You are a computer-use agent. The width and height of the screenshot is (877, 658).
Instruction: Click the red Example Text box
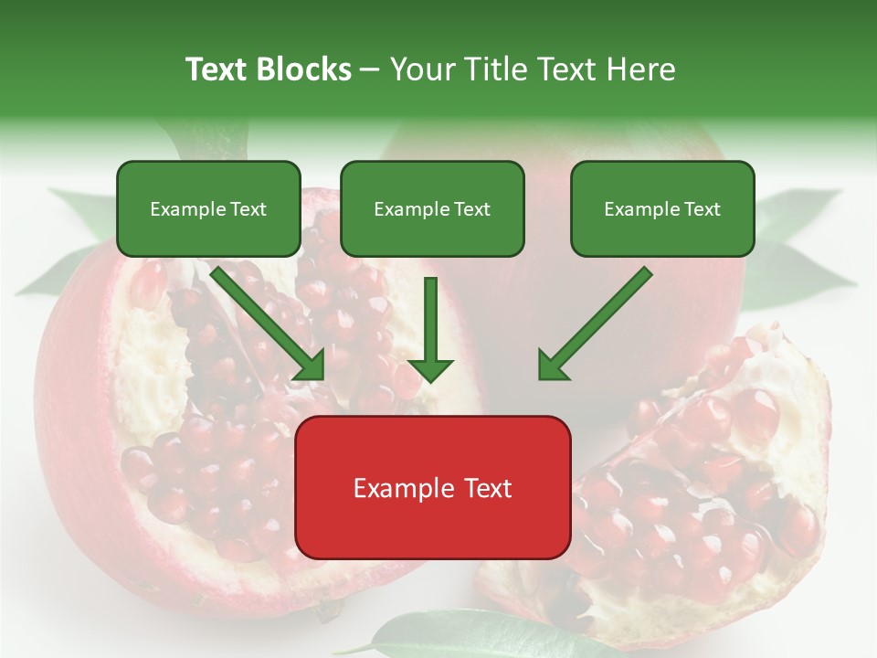click(432, 487)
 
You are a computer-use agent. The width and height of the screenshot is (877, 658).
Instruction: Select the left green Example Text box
click(208, 208)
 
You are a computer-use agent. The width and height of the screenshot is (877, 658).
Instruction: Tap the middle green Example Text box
click(432, 208)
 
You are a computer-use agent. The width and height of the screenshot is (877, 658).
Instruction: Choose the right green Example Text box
click(662, 208)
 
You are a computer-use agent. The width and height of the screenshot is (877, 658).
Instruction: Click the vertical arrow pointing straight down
click(430, 329)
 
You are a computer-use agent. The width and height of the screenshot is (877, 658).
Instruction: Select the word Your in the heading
click(420, 69)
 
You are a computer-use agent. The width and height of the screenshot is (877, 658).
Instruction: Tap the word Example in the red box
click(398, 488)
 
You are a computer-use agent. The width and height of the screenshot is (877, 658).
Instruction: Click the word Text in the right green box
click(702, 209)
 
